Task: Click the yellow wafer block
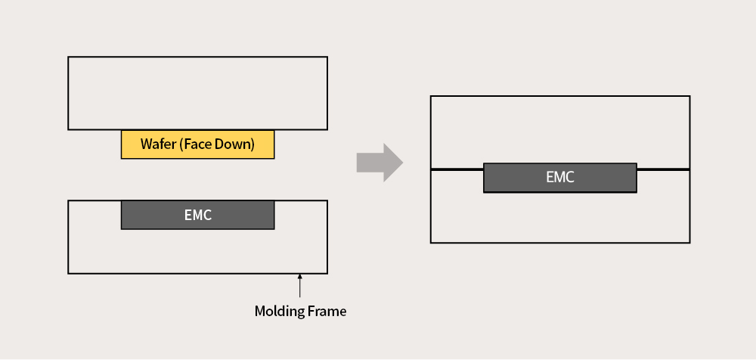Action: (197, 144)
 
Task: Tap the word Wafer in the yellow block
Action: (158, 144)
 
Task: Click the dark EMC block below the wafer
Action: (197, 215)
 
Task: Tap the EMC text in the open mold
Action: (197, 215)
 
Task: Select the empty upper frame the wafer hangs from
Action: (197, 93)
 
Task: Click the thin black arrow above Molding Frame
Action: (299, 286)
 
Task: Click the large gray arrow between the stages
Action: (380, 163)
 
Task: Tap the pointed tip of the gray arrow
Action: (403, 163)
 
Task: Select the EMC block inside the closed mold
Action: (560, 178)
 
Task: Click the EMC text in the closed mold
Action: (560, 177)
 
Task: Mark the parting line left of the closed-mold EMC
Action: (457, 169)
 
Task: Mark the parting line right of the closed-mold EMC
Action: (664, 169)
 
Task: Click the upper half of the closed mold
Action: (560, 130)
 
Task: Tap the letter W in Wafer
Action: (146, 144)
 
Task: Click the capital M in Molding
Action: (260, 312)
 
